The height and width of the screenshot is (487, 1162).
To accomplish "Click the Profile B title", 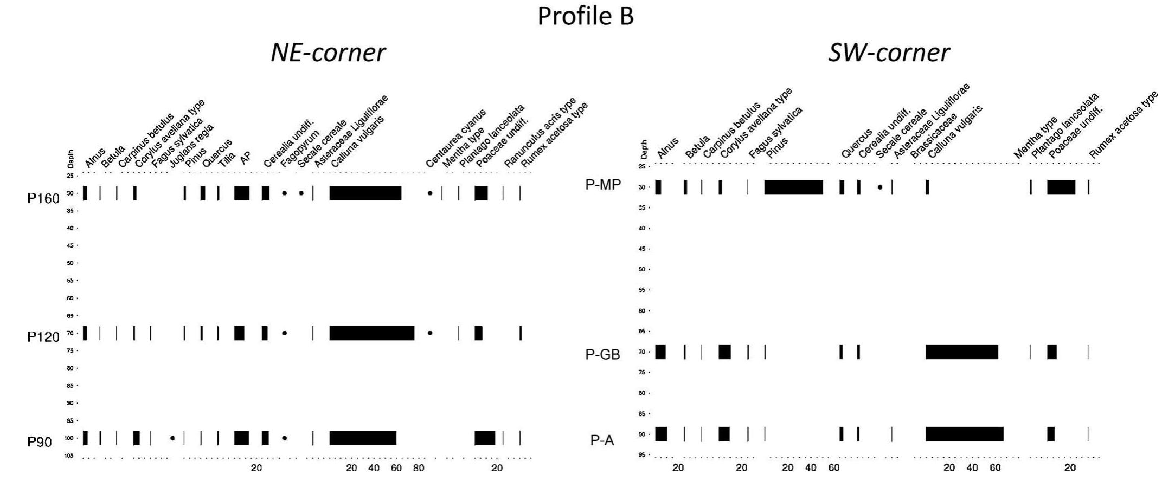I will (x=585, y=16).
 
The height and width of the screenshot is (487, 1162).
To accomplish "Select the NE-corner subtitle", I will (x=328, y=53).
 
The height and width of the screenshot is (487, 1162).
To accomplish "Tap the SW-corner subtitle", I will (x=889, y=53).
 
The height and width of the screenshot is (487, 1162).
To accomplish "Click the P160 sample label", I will (x=43, y=199).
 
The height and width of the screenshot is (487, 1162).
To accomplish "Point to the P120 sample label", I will (x=43, y=337).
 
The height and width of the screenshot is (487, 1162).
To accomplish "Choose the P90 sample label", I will (x=40, y=442).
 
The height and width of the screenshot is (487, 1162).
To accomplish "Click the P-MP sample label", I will (x=602, y=185).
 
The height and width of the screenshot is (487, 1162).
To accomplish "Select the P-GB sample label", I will (x=602, y=354).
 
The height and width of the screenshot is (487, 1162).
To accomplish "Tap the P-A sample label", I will (x=602, y=440).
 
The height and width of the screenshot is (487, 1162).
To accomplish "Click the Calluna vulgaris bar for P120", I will (x=371, y=333).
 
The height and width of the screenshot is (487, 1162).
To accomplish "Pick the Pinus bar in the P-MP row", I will (x=793, y=187).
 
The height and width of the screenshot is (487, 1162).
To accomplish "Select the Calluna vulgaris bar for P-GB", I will (x=961, y=352).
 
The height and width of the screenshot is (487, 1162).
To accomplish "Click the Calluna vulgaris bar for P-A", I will (x=964, y=434).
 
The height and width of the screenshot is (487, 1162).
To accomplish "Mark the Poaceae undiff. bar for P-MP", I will (x=1061, y=187).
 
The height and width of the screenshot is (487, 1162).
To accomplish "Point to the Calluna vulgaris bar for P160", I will (x=365, y=193).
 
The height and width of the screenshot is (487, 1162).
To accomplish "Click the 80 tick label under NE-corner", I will (x=418, y=468).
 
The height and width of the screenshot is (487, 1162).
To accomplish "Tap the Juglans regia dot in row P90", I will (x=172, y=438).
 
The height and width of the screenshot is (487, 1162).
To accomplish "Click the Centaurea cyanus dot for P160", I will (x=430, y=193).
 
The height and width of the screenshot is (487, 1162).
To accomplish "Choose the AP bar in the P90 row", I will (x=241, y=438).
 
